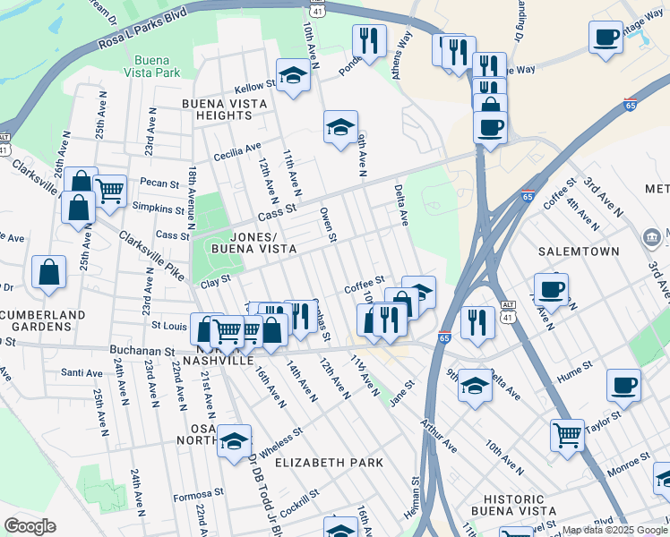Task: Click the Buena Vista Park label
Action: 152,65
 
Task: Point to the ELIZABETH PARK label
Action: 329,463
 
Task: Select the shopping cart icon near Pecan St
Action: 109,190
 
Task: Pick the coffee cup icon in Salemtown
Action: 551,289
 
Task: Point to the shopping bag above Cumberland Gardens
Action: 48,273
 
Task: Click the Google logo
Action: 30,526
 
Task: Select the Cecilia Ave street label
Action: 237,152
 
